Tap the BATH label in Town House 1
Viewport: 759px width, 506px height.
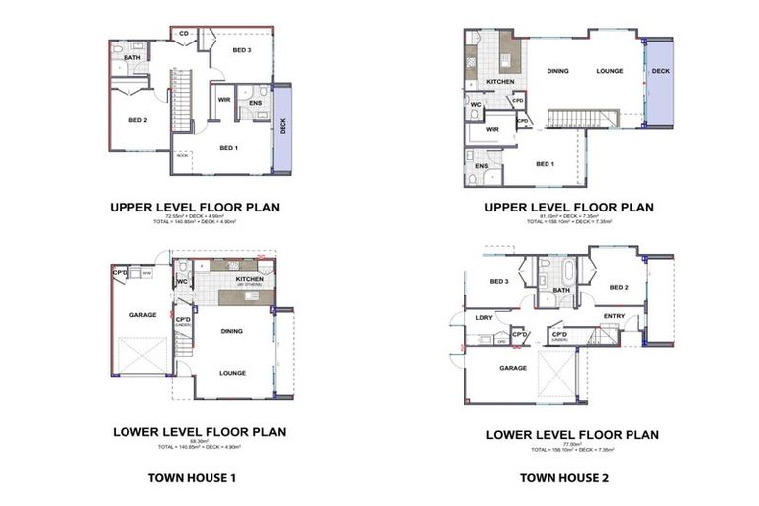(132, 58)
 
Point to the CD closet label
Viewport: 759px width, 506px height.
(184, 34)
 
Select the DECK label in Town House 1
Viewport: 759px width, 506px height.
(282, 127)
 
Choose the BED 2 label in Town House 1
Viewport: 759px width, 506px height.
(137, 120)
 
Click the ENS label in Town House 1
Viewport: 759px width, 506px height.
(255, 103)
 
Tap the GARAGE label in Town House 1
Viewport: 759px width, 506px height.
(144, 315)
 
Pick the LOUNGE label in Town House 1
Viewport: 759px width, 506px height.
(232, 372)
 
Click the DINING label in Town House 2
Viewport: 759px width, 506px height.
(557, 71)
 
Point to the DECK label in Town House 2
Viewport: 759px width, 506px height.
(660, 71)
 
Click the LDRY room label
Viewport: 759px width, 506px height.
(484, 317)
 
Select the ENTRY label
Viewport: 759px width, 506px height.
(614, 316)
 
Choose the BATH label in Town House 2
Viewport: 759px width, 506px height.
(561, 290)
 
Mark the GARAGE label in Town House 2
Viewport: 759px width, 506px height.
(512, 367)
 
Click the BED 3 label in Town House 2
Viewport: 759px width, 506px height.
(498, 281)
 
